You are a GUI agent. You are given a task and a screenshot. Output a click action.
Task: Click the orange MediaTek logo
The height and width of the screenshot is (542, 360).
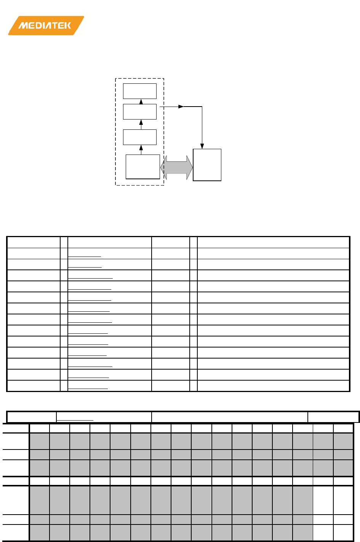click(46, 26)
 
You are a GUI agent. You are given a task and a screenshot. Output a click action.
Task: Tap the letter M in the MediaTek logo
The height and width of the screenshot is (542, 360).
click(24, 26)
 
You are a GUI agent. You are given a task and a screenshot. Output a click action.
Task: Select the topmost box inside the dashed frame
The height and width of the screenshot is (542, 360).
click(140, 91)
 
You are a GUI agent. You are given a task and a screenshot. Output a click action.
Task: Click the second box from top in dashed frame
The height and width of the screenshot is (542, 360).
click(140, 112)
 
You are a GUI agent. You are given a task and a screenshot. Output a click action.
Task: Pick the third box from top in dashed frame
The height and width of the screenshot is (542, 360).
click(140, 137)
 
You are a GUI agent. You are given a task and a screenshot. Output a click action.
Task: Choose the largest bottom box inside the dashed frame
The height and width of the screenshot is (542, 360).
click(143, 167)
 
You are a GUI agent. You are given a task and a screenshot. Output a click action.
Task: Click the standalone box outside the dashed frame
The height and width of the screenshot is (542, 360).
click(207, 165)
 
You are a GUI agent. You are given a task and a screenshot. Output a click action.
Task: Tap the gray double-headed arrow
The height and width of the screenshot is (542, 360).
click(176, 167)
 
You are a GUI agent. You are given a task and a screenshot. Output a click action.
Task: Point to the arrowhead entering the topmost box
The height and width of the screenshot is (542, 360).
click(141, 101)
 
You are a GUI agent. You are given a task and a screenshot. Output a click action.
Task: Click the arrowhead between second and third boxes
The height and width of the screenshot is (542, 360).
click(141, 122)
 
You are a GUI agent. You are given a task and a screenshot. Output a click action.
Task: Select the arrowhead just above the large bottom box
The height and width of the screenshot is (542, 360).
click(141, 148)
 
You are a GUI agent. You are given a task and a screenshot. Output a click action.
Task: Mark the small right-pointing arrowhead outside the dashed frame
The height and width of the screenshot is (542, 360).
click(181, 107)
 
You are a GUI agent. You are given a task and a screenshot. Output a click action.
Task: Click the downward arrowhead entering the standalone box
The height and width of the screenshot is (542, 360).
click(202, 146)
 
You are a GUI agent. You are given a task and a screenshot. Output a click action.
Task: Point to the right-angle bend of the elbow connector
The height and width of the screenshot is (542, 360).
click(202, 107)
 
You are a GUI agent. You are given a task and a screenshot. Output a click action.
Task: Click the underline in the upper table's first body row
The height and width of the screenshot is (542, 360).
click(85, 257)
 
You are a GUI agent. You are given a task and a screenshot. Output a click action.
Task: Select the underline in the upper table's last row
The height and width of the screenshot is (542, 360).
click(88, 389)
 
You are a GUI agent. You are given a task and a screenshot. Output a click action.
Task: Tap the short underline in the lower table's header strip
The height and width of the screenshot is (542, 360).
click(75, 420)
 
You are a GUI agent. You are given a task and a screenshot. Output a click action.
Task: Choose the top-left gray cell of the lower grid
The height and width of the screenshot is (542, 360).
click(40, 441)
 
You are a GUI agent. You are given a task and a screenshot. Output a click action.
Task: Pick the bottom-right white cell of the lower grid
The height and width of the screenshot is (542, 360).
click(343, 532)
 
